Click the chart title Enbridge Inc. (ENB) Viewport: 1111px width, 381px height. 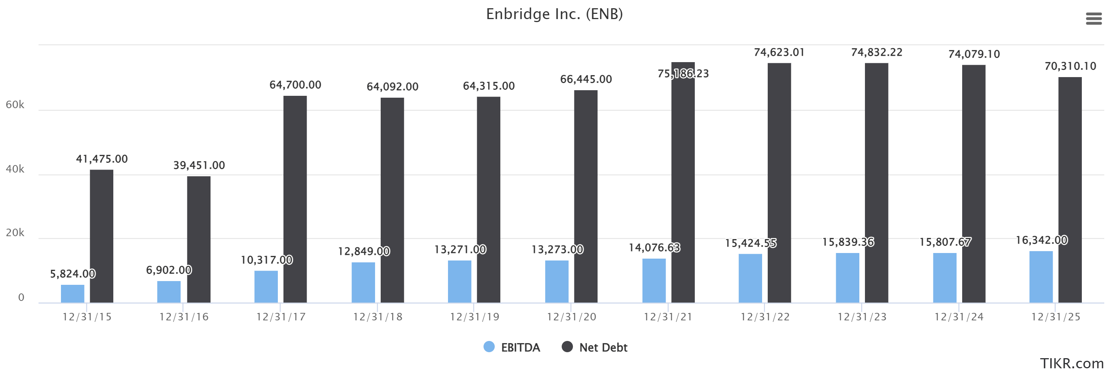point(554,14)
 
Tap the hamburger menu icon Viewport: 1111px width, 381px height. point(1093,19)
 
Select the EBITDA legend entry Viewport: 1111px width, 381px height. point(512,347)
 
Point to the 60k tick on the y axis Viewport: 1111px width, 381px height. point(15,105)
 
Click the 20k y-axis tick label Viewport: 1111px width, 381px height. point(15,233)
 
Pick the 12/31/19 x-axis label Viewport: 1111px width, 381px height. point(475,317)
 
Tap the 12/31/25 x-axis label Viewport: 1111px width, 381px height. point(1055,317)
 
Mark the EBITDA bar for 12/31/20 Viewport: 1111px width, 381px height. point(556,281)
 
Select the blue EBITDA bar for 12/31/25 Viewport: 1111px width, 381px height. point(1041,277)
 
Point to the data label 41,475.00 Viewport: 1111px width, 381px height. point(102,159)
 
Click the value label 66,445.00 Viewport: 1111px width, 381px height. point(586,79)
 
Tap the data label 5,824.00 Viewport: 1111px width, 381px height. point(73,274)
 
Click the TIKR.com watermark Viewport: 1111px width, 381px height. point(1071,364)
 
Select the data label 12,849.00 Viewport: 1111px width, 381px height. point(363,252)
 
